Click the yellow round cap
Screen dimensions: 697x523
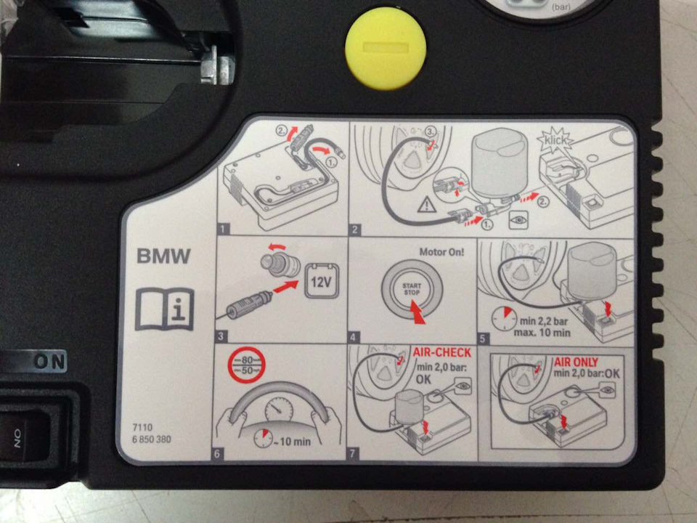386,48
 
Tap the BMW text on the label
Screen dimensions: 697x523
163,256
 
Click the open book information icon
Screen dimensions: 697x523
165,309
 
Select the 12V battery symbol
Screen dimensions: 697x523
322,280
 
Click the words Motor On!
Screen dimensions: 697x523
442,252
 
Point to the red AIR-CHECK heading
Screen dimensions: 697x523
442,352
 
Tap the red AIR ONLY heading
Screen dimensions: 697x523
576,362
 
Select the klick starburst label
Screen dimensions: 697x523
555,140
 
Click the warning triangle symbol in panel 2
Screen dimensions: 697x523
427,205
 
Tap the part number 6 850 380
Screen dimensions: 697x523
152,439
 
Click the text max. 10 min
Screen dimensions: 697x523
542,332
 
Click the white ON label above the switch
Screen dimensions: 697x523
50,362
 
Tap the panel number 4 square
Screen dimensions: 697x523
353,337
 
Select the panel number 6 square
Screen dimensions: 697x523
217,453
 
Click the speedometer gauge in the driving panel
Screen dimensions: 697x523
279,409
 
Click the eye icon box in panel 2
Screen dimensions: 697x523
518,219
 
